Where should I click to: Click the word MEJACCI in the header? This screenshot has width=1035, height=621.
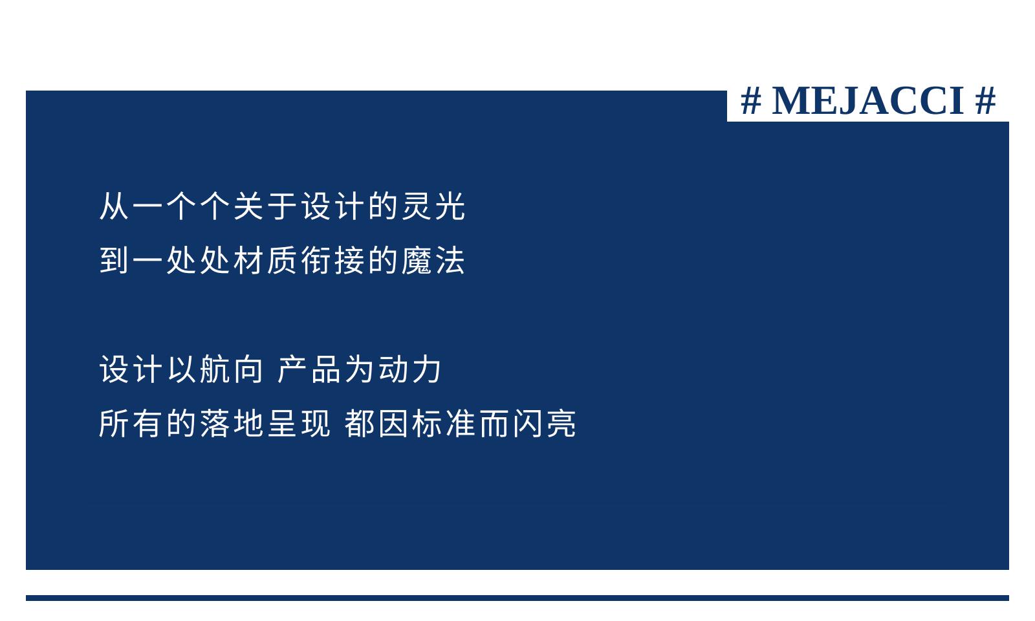tap(867, 101)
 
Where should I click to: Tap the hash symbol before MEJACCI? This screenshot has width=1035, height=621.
tap(751, 101)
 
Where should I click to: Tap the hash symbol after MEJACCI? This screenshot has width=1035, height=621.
tap(985, 101)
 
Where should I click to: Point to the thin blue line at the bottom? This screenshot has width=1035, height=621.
tap(517, 598)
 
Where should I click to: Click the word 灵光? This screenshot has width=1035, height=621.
tap(433, 206)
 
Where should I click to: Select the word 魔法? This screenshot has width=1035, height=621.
tap(433, 261)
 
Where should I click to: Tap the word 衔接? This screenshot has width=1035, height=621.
tap(332, 261)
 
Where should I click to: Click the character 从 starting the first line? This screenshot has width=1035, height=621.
tap(114, 206)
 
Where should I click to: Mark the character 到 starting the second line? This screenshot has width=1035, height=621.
tap(114, 261)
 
